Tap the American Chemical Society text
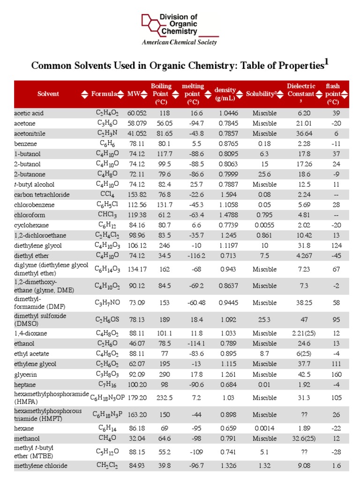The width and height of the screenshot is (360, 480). point(180,43)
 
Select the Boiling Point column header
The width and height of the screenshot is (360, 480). point(161,94)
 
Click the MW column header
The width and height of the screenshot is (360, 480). point(134,94)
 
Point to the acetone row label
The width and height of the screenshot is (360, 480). point(25,123)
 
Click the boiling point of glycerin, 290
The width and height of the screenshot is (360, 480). point(164,375)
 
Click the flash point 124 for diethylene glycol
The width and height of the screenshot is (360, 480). point(333,245)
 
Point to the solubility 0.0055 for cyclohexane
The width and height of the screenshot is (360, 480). point(264,225)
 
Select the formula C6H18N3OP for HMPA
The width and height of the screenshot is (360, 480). point(107,397)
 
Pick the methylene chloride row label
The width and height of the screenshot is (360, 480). point(40,466)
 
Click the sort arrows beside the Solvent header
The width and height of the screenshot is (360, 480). point(84,94)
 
